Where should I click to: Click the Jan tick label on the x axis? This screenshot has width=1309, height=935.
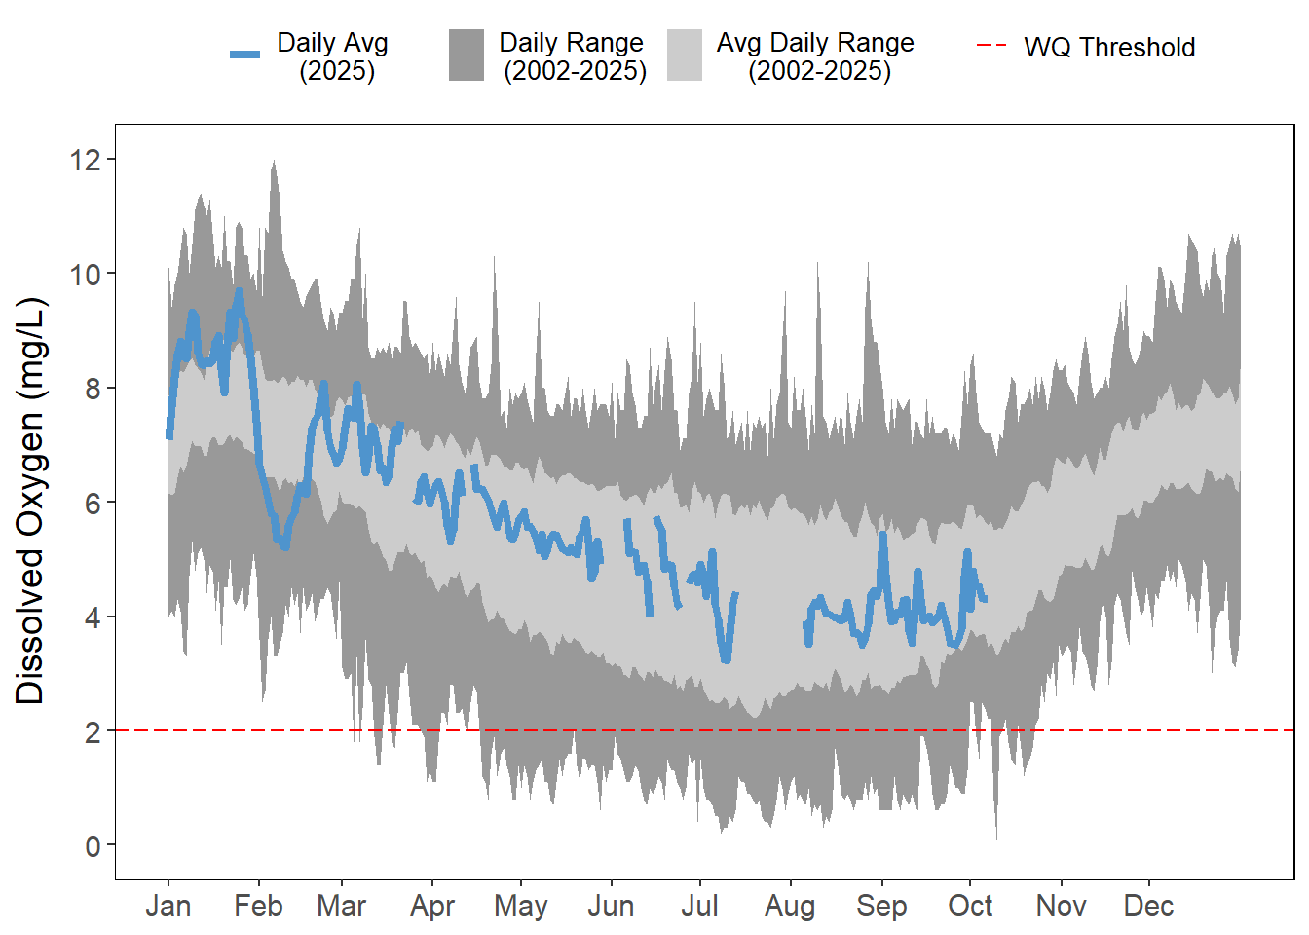[x=168, y=906]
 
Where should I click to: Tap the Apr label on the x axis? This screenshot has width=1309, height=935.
[x=432, y=906]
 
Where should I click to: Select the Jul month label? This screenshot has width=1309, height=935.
[x=699, y=906]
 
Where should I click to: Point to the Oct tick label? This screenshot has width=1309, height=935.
[x=970, y=906]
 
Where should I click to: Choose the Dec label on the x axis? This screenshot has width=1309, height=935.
[x=1148, y=906]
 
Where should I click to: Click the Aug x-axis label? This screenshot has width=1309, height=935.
[x=790, y=906]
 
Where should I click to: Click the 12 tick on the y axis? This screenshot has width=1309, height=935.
[x=86, y=160]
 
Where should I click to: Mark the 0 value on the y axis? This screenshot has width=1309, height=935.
[x=93, y=845]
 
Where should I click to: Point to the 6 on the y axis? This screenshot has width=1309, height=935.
[x=93, y=503]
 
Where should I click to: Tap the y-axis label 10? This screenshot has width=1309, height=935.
[x=86, y=274]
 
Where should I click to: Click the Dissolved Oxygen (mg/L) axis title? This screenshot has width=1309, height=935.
[x=30, y=501]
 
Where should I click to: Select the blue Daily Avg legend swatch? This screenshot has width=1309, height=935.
[x=244, y=55]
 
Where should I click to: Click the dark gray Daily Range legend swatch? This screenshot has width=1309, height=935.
[x=467, y=55]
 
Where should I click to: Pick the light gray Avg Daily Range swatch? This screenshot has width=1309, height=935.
[x=685, y=55]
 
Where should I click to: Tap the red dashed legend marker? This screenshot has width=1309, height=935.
[x=991, y=46]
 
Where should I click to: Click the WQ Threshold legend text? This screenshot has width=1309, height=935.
[x=1109, y=47]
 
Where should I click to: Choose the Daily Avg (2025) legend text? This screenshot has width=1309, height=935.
[x=333, y=56]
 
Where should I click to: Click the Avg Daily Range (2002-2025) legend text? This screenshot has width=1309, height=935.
[x=816, y=56]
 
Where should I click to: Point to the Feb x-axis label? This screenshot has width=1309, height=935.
[x=258, y=906]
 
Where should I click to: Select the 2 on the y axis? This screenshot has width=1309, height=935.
[x=93, y=731]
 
